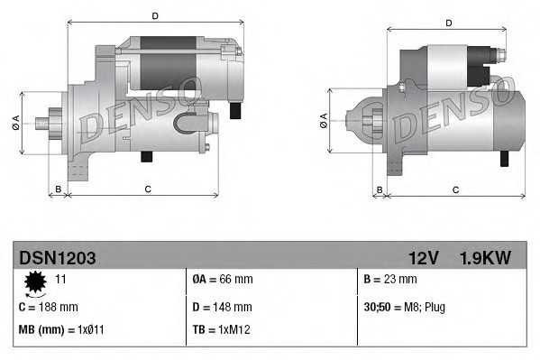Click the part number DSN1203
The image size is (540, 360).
point(56,258)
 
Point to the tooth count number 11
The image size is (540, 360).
point(62,280)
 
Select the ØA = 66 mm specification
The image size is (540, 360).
point(223,280)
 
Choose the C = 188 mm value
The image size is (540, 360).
point(49,307)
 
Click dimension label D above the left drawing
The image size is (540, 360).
point(155,16)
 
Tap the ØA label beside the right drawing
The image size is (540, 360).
point(324,120)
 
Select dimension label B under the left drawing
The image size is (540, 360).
point(58,189)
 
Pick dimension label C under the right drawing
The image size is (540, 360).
point(455,189)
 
